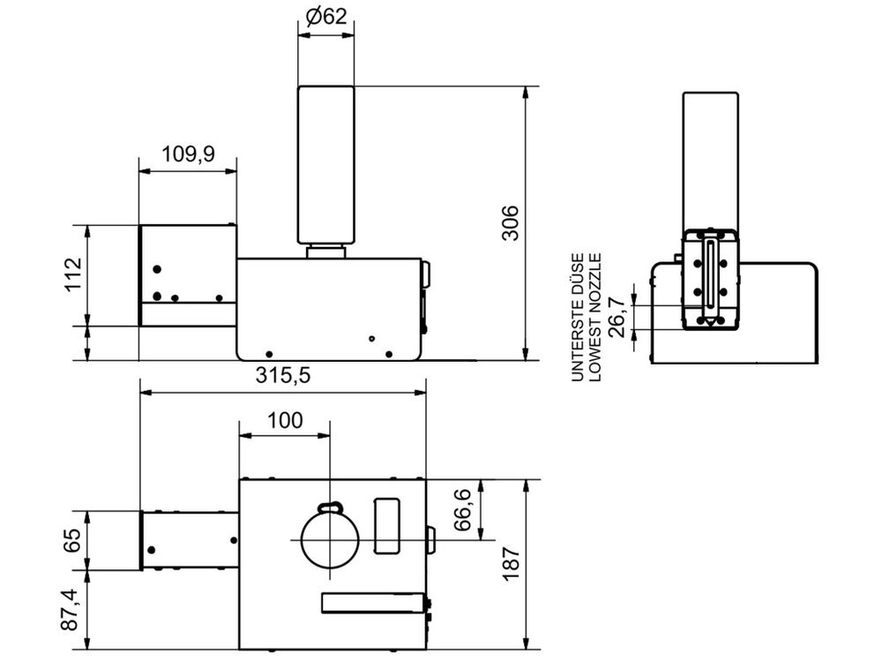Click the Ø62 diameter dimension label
click(325, 15)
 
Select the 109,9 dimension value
click(188, 154)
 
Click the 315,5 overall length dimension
click(283, 375)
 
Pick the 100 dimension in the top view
click(285, 420)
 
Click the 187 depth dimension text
click(510, 565)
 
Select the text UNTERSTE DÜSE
click(579, 315)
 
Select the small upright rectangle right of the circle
click(387, 525)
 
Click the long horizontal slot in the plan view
click(371, 603)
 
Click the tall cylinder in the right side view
click(710, 159)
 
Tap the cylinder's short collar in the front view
click(325, 252)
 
